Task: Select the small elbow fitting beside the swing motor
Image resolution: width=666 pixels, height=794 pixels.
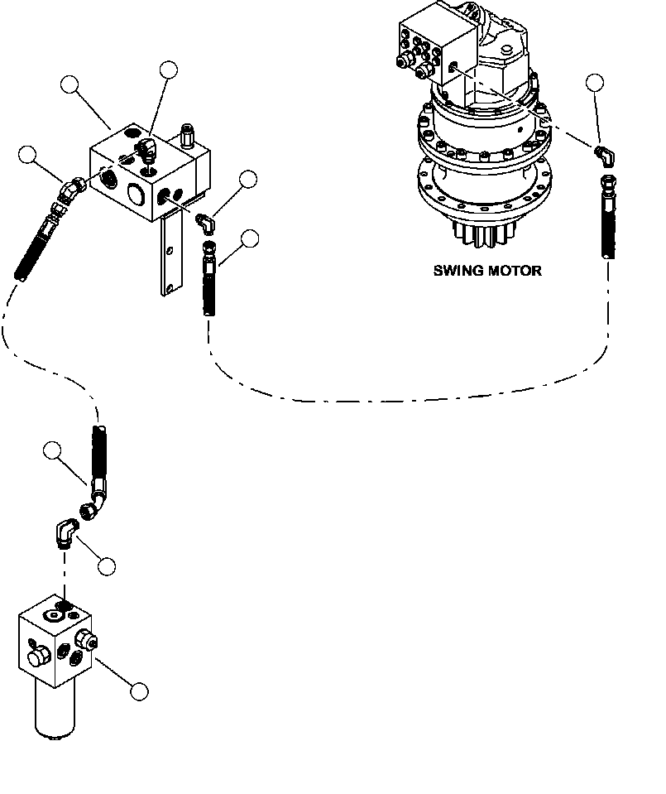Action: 605,153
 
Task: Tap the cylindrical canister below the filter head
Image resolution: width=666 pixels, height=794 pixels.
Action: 54,712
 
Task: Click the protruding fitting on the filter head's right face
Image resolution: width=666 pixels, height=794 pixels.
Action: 85,640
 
